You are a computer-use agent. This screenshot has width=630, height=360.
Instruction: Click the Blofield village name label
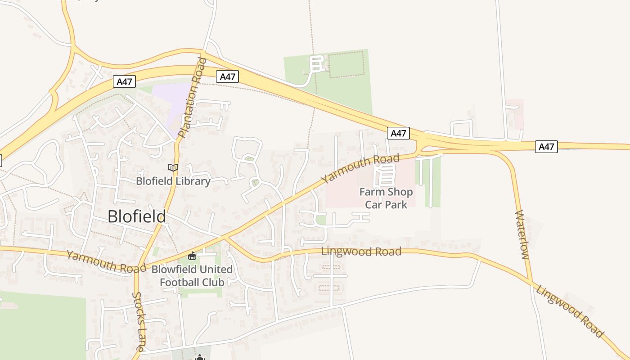[137, 217]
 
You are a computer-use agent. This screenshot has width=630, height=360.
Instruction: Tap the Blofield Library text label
[173, 181]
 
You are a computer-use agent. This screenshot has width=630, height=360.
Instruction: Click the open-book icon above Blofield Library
[173, 168]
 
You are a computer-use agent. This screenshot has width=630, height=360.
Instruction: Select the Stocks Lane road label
[139, 322]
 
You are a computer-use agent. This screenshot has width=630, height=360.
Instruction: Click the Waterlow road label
[522, 234]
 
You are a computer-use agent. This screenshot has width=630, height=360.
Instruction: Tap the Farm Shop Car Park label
[386, 198]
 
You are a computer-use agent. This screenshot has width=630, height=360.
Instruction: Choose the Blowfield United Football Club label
[192, 276]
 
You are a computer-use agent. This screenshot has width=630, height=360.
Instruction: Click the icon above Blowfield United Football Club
[192, 256]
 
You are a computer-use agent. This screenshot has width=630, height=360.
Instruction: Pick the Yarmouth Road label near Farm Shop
[360, 168]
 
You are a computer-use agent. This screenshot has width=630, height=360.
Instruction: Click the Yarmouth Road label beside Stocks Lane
[106, 262]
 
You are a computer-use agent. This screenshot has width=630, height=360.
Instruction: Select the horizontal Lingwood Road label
[361, 251]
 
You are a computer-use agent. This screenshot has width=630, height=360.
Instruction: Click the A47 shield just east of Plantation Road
[227, 76]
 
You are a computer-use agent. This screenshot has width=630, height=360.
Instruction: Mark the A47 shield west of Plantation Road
[124, 81]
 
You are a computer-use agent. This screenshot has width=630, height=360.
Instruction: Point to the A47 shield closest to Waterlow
[546, 146]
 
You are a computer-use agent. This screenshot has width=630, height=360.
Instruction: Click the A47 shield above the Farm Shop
[398, 133]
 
